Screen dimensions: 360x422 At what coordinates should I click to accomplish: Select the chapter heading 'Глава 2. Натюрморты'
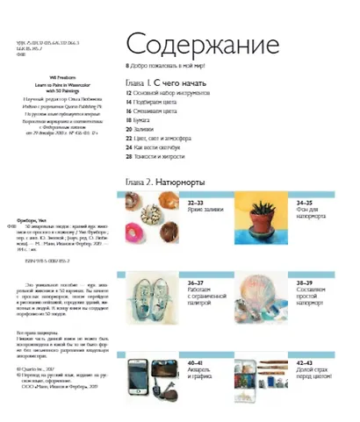(x=165, y=182)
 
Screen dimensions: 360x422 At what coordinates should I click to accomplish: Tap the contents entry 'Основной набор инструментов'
(x=171, y=91)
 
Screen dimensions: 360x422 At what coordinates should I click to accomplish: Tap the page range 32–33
(x=199, y=202)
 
